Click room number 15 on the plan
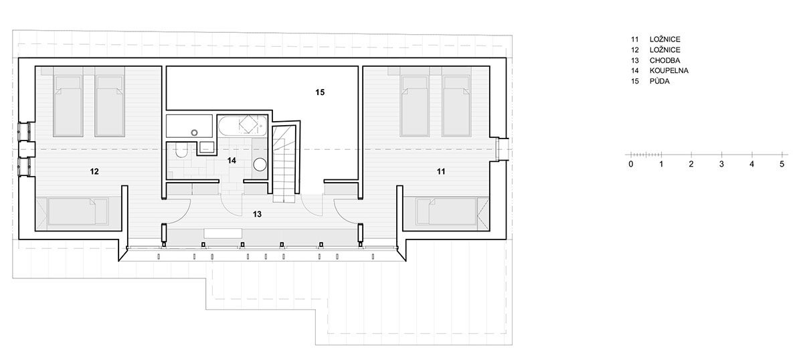pos(320,92)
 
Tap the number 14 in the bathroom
pos(232,161)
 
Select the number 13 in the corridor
pos(257,214)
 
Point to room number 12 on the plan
pos(94,171)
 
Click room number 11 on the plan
pos(441,171)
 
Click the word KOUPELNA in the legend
pos(669,71)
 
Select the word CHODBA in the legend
pos(664,60)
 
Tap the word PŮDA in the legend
pos(660,81)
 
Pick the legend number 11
pos(635,39)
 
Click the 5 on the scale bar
pos(782,164)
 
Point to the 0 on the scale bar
pos(631,164)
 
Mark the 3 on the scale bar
pos(721,164)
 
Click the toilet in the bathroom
pos(182,150)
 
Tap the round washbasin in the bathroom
pos(260,165)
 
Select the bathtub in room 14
pos(243,126)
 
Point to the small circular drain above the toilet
pos(194,132)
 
